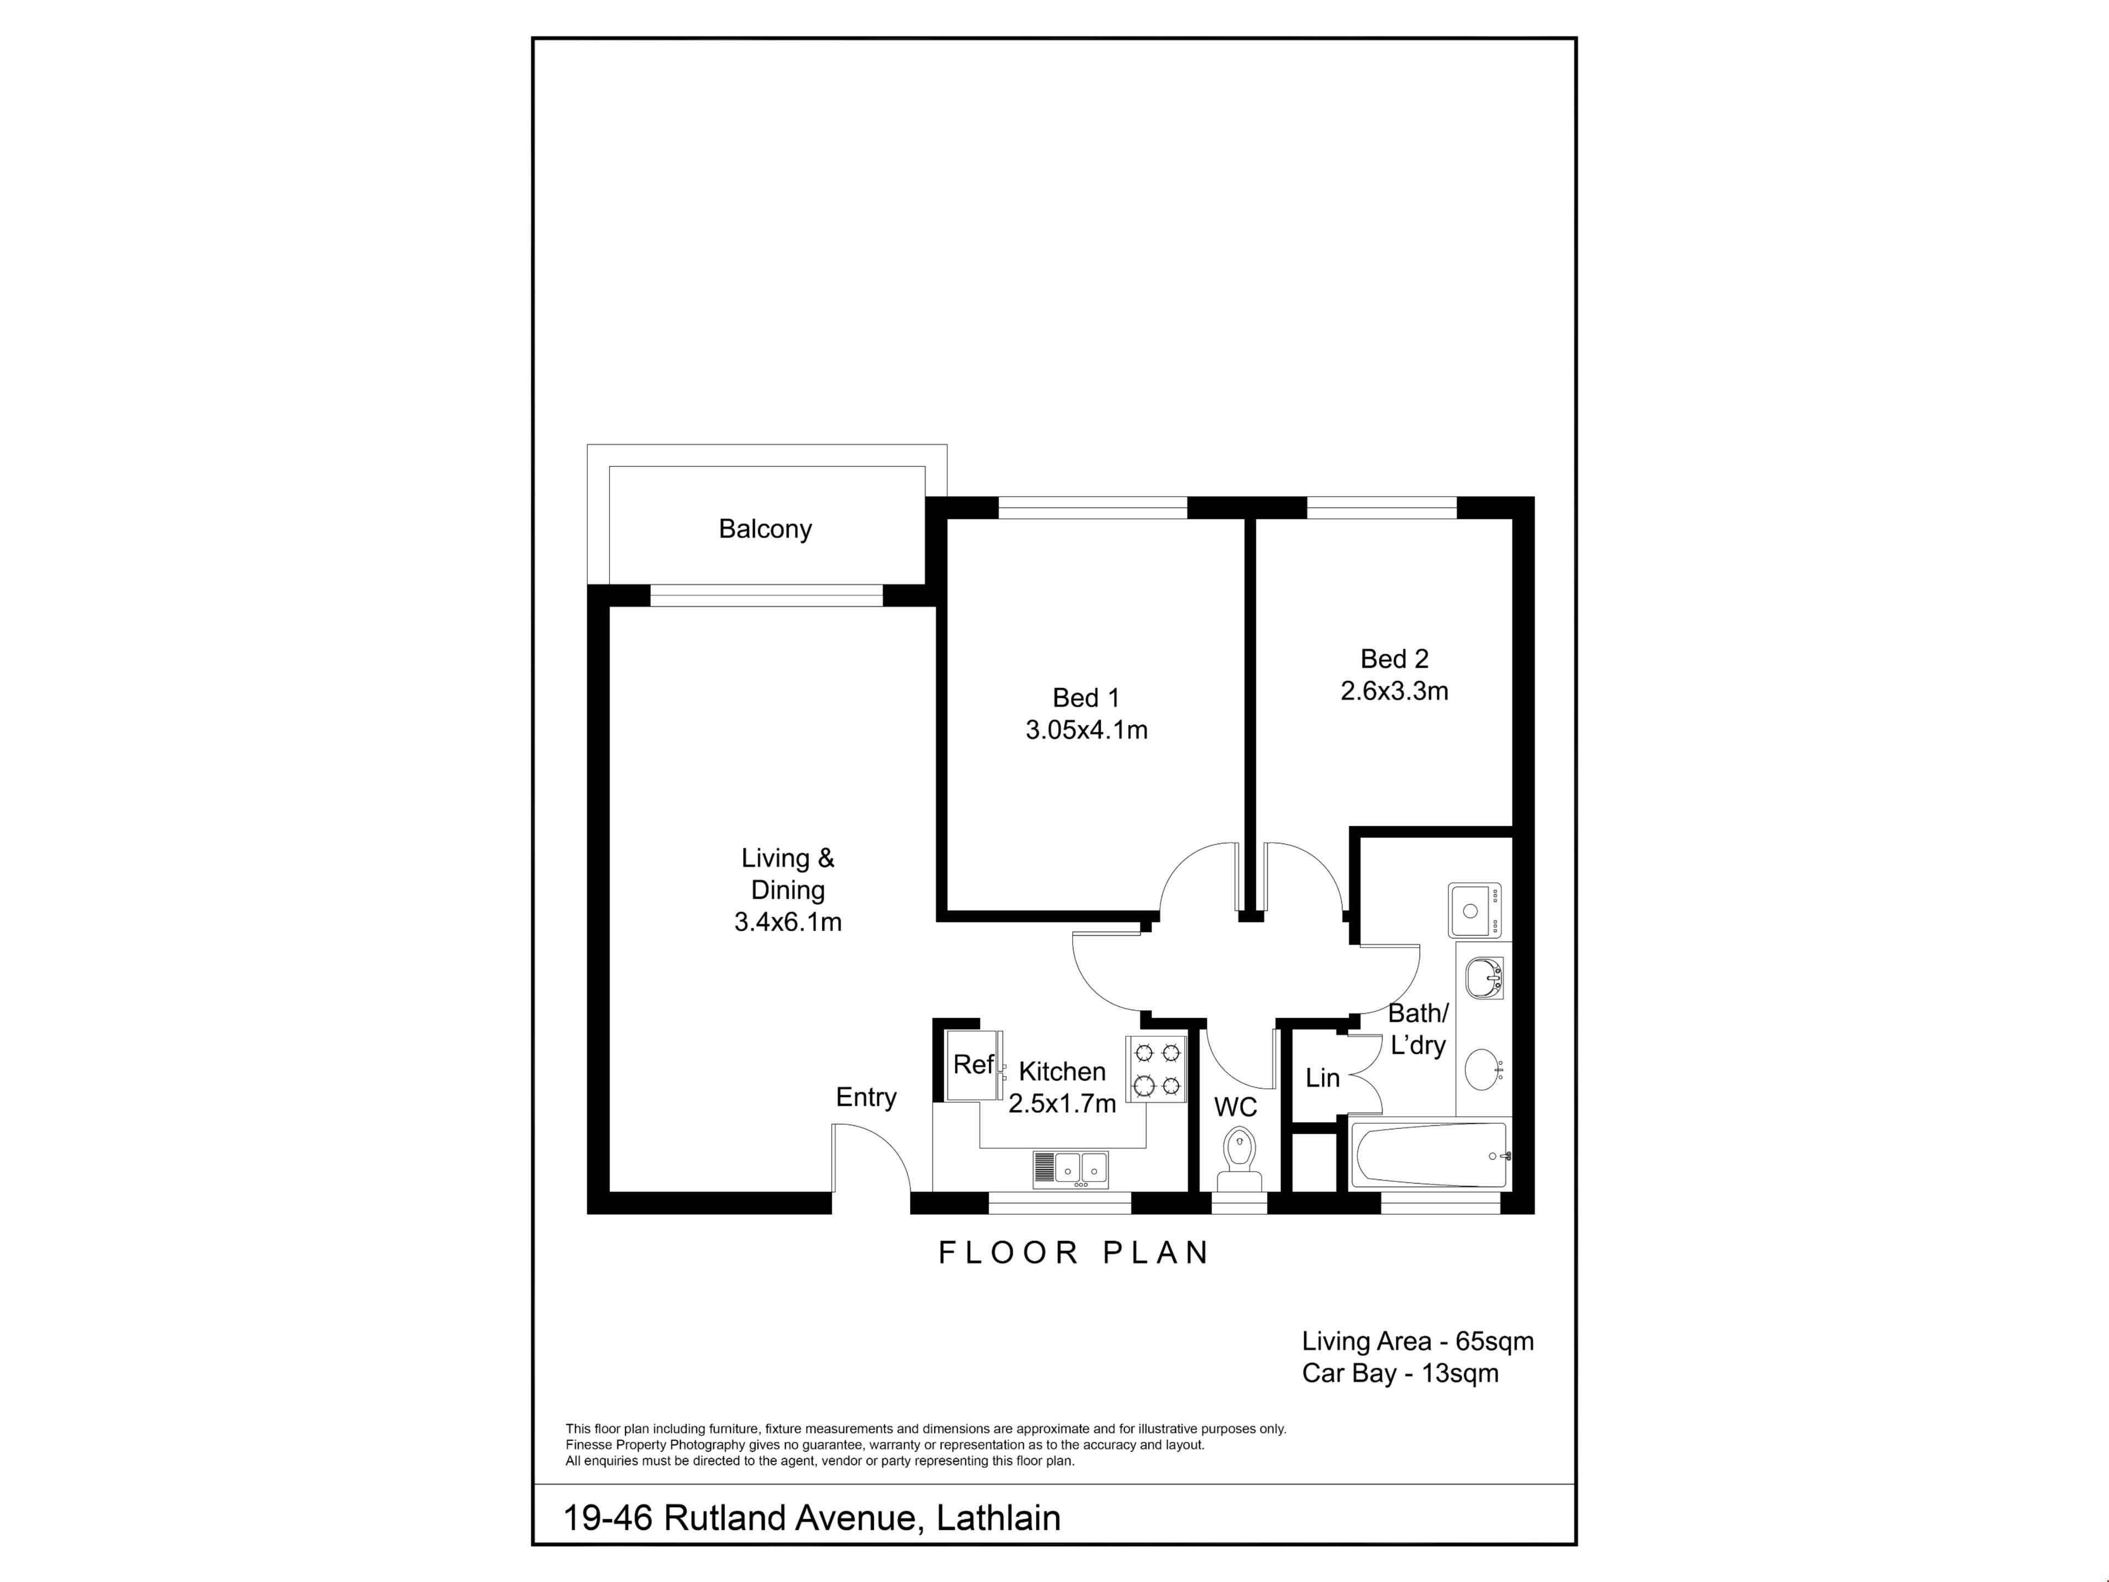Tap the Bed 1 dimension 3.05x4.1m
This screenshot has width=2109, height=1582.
pos(1086,731)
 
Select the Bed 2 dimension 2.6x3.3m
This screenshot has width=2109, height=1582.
pos(1394,692)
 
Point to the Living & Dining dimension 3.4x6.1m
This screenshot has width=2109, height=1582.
pos(788,922)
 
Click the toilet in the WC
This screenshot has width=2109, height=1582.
pos(1238,1158)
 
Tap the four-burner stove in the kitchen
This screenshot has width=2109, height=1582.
pos(1157,1069)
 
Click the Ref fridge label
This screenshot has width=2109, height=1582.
pos(973,1064)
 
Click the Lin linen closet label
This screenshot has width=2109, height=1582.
pos(1323,1078)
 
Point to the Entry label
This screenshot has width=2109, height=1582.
pos(866,1098)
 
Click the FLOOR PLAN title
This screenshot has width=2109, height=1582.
pos(1074,1252)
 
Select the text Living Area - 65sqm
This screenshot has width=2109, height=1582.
pos(1418,1342)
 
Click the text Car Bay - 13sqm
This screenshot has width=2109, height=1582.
pos(1399,1374)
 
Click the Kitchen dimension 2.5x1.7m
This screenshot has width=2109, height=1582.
pos(1062,1104)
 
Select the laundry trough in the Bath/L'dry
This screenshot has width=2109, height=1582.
pos(1474,911)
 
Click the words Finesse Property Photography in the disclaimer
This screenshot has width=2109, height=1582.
pos(655,1445)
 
